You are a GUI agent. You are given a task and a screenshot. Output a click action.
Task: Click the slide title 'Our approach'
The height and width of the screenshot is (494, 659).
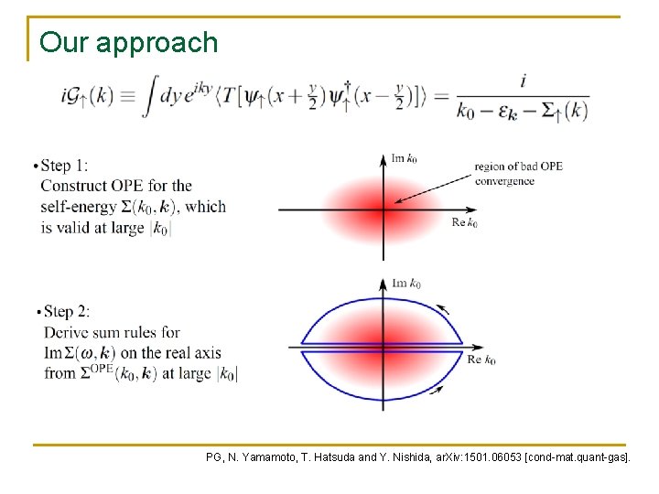(x=129, y=43)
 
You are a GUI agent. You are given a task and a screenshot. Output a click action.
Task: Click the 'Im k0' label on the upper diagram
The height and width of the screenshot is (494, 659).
(x=405, y=159)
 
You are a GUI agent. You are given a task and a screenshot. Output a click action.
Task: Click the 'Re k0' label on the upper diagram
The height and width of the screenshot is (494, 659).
(x=464, y=222)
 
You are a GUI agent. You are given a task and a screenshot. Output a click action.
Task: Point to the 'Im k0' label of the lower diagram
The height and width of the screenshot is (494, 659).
(x=406, y=284)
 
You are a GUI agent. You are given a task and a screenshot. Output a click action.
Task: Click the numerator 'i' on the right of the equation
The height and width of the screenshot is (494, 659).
(x=523, y=81)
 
